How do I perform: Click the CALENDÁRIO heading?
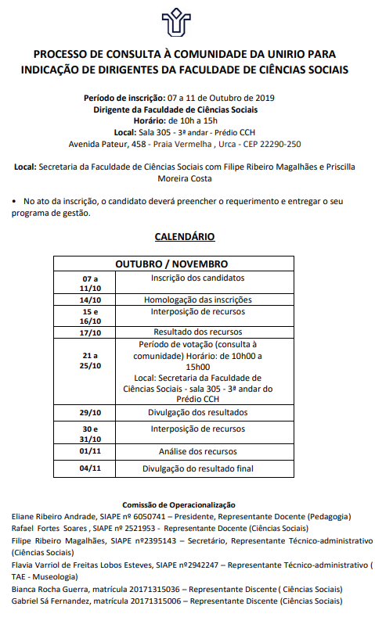coord(185,236)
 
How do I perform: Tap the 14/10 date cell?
coord(90,300)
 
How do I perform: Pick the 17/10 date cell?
coord(90,332)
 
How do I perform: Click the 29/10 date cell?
coord(90,413)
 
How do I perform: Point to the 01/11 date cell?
coord(90,452)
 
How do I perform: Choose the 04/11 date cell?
coord(90,468)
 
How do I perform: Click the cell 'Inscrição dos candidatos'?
coord(197,278)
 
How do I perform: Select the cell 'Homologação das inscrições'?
coord(197,300)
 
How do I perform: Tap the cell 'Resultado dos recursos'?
coord(197,332)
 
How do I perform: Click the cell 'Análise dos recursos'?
coord(197,452)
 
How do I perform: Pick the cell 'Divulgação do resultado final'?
coord(197,468)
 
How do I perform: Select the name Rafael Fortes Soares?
coord(47,528)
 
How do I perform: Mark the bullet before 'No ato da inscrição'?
coord(15,201)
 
